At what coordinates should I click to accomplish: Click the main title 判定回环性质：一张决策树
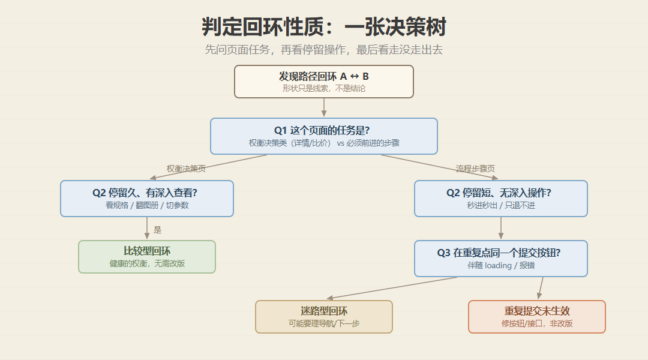pos(323,27)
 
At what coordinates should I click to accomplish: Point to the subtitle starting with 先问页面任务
pos(323,50)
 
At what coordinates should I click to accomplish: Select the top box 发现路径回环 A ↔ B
pos(324,82)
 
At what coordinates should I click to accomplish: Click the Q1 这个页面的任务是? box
pos(324,136)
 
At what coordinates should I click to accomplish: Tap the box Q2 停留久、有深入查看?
pos(147,199)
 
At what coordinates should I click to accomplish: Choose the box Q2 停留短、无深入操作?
pos(501,199)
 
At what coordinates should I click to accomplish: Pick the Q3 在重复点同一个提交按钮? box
pos(501,259)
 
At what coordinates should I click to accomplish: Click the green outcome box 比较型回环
pos(147,257)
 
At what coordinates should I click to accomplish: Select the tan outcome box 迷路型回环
pos(324,317)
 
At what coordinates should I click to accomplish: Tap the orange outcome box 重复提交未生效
pos(537,317)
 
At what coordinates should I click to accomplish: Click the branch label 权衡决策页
pos(186,169)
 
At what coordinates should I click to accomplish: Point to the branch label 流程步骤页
pos(475,169)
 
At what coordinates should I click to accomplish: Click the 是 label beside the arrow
pos(157,230)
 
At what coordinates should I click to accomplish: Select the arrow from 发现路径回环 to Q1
pos(324,107)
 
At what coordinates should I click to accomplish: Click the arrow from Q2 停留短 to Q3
pos(501,228)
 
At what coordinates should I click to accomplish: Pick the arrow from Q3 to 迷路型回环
pos(392,287)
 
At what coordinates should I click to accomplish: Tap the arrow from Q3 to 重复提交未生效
pos(541,288)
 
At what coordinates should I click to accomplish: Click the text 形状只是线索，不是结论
pos(324,88)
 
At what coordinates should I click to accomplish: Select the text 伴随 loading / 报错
pos(501,265)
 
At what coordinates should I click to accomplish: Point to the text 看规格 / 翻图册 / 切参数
pos(147,205)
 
